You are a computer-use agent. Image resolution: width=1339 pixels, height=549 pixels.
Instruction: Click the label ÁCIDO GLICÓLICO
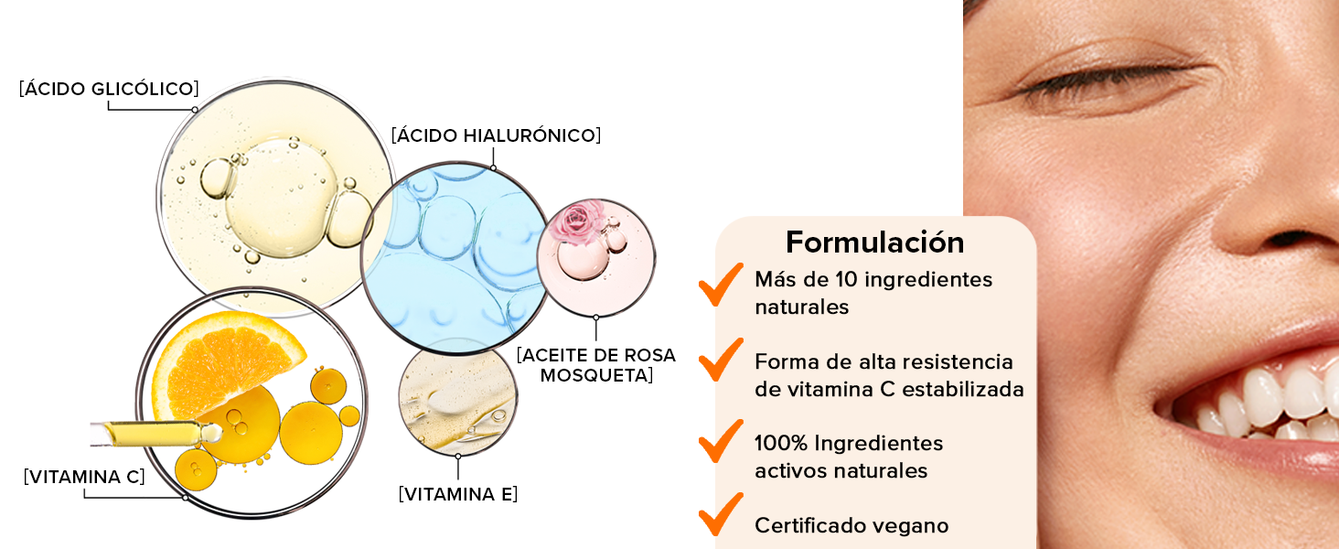(x=109, y=89)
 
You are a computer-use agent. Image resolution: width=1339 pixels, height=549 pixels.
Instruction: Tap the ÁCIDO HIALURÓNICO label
(x=496, y=135)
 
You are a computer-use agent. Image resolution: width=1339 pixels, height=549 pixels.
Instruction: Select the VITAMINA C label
(x=84, y=477)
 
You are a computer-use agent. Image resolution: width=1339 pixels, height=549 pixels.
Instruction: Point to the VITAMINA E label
(x=457, y=494)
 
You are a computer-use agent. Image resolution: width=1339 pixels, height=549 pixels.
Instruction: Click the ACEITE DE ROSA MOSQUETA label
(x=595, y=364)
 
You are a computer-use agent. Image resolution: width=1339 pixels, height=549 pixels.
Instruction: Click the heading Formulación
(x=874, y=242)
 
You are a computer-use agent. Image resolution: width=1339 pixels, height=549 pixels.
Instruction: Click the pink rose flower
(x=579, y=221)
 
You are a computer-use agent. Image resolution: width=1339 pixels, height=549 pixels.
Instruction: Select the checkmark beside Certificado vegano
(x=721, y=514)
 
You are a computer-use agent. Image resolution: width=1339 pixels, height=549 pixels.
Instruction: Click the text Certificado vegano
(x=851, y=526)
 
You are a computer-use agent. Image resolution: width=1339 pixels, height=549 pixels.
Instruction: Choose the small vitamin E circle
(x=457, y=398)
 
